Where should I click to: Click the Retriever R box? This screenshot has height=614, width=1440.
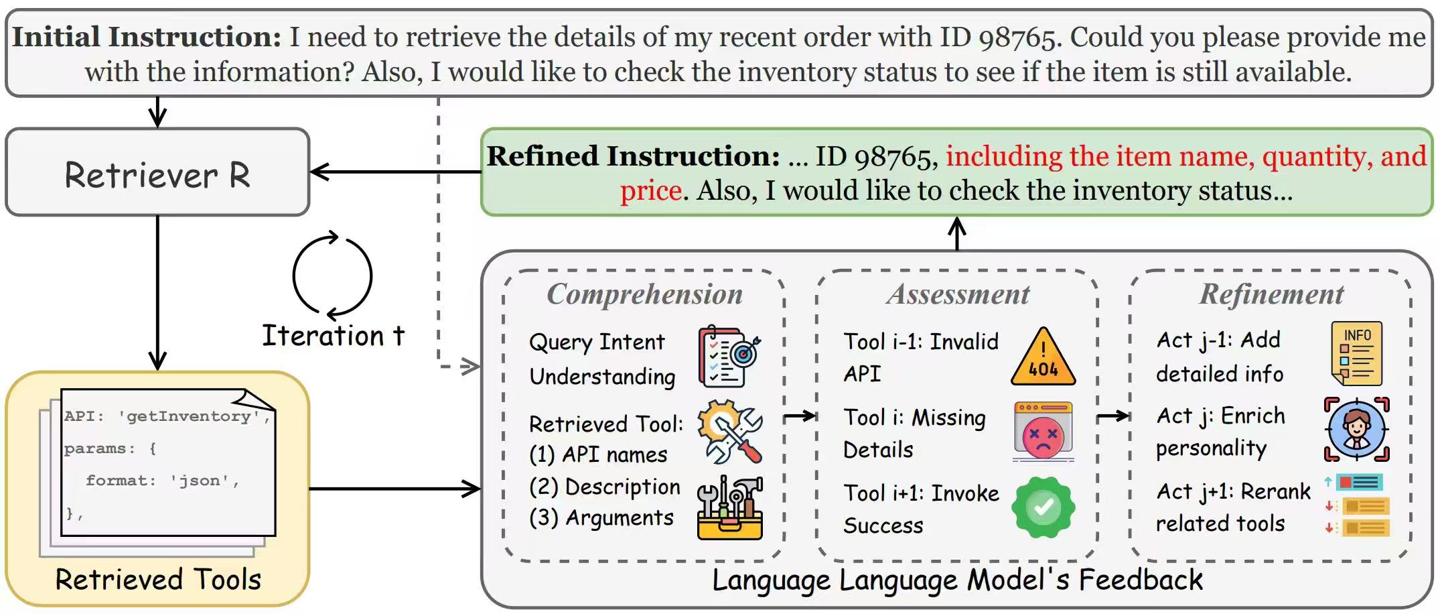click(157, 172)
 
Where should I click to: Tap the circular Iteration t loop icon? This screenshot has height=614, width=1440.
click(333, 275)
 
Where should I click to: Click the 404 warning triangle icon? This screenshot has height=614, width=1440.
click(1043, 358)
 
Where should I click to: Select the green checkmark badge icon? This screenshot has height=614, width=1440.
click(1043, 507)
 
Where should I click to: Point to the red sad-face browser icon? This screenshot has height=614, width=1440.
click(1043, 432)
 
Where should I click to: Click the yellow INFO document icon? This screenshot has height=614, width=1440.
click(1357, 353)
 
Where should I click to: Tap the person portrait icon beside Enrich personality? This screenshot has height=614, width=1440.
click(1357, 429)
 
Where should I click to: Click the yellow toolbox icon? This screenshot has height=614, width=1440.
click(729, 509)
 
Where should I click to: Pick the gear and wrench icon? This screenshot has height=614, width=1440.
click(729, 432)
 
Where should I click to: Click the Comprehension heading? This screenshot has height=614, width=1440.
click(644, 294)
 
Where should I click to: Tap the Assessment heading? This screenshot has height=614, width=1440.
click(958, 294)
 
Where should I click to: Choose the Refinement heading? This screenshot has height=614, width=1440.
click(1271, 294)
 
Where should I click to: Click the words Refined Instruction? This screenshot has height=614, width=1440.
click(633, 156)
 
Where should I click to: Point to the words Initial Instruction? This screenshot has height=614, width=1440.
click(147, 37)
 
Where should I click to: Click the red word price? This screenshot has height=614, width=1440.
click(650, 191)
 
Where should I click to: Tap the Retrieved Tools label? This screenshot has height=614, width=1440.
click(158, 579)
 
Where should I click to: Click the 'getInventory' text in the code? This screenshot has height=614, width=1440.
click(189, 416)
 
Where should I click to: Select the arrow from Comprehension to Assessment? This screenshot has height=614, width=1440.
click(800, 416)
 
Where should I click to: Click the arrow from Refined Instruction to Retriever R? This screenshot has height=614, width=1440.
click(395, 172)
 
